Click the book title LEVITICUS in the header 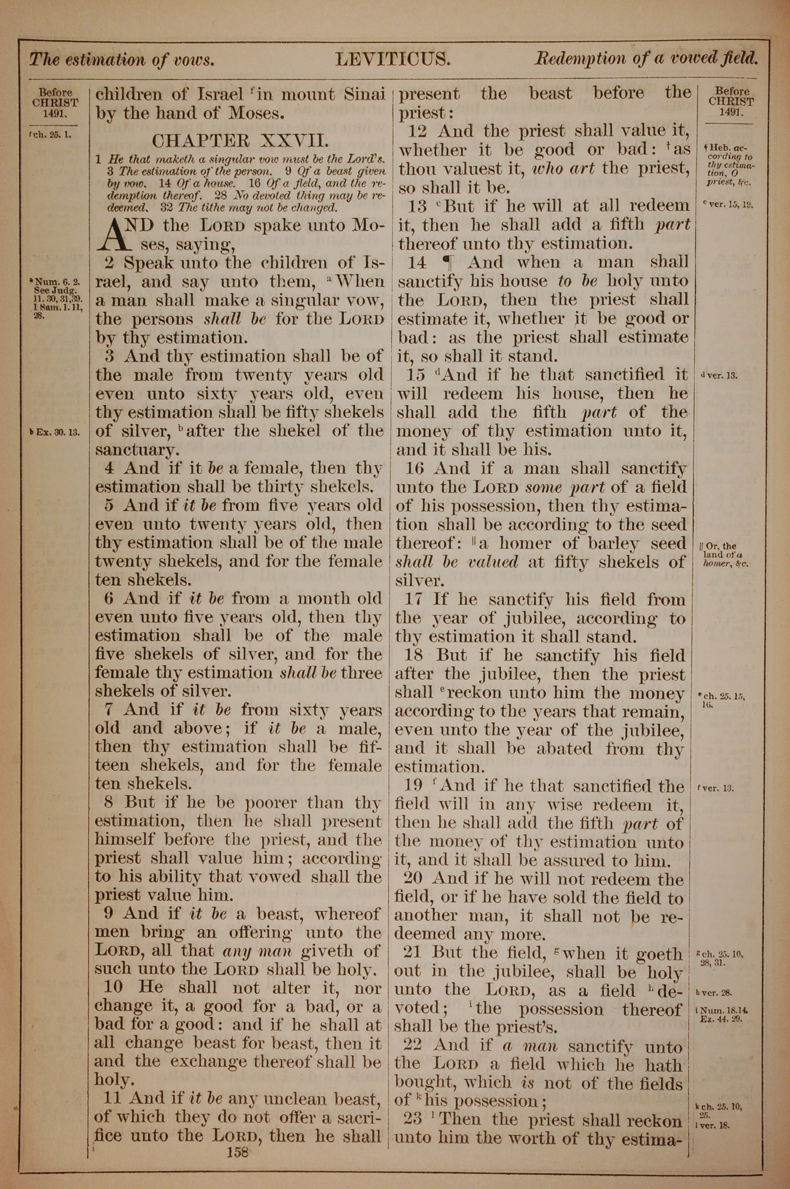click(x=393, y=60)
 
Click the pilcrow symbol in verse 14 click(x=446, y=262)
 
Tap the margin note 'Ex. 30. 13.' click(x=55, y=432)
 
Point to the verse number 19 click(x=417, y=786)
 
